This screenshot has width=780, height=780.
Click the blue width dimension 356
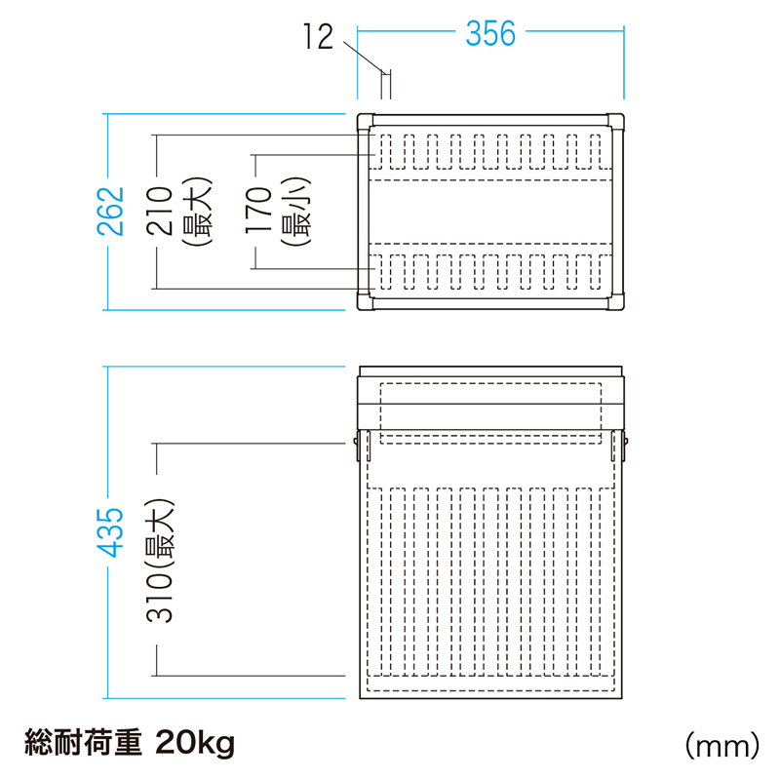pos(490,34)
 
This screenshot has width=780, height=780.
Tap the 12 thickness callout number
pos(318,36)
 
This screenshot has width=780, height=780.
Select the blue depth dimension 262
pos(110,211)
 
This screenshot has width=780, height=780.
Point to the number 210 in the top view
pos(159,211)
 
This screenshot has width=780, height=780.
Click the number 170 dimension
pos(258,210)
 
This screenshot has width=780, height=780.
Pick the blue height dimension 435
pos(110,532)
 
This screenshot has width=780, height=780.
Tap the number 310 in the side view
pos(159,598)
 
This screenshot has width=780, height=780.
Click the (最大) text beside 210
pos(198,212)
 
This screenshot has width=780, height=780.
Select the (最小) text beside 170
pos(296,212)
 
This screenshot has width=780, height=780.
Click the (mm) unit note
pos(722,746)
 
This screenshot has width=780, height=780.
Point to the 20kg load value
pos(194,744)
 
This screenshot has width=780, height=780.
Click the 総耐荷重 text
pos(83,743)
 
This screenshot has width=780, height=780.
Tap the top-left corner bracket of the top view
pos(366,122)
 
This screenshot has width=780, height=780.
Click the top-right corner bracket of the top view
pos(615,122)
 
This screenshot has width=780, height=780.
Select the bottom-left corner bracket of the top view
pos(366,301)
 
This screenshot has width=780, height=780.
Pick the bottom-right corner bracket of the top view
pos(615,301)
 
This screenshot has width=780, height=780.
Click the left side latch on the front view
pos(357,446)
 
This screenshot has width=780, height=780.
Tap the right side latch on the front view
pos(625,446)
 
